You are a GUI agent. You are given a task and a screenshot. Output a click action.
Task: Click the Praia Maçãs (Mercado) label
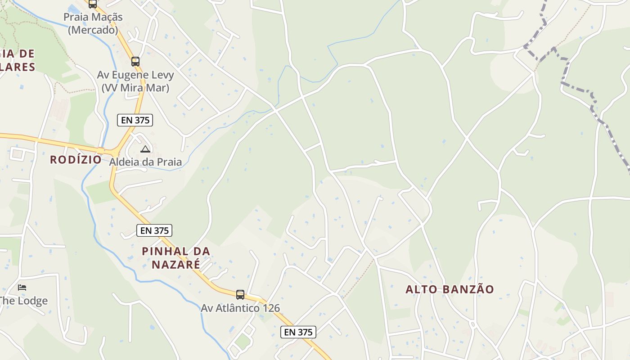[x=93, y=23]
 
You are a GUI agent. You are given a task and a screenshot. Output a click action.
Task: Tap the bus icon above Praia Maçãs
[x=92, y=4]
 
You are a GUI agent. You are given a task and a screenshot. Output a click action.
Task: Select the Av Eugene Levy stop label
[x=135, y=81]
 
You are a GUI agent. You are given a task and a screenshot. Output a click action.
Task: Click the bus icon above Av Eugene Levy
[x=135, y=62]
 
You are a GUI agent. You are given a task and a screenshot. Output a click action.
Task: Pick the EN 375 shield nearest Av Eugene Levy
[x=135, y=120]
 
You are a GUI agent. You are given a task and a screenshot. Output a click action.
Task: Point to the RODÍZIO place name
[x=76, y=159]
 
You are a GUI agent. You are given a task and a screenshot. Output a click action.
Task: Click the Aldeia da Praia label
[x=145, y=162]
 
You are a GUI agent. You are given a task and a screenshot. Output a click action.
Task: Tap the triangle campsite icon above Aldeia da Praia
[x=145, y=149]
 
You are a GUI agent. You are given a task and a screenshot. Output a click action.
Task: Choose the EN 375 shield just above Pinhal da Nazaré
[x=154, y=230]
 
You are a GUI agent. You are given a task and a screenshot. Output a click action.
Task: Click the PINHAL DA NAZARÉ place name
[x=176, y=257]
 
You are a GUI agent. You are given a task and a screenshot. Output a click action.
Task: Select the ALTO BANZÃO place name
[x=450, y=289]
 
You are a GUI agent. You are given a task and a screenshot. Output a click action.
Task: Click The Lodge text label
[x=24, y=301]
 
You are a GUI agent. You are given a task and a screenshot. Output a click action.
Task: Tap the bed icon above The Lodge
[x=22, y=287]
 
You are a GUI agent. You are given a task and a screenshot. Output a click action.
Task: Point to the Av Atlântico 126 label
[x=240, y=308]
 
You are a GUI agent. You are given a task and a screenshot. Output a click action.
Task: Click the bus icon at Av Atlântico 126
[x=240, y=295]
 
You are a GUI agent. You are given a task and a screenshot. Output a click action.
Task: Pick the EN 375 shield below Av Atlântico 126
[x=298, y=332]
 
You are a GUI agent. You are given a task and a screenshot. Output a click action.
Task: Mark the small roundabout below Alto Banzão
[x=472, y=324]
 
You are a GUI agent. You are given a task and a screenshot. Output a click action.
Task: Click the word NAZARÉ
[x=176, y=264]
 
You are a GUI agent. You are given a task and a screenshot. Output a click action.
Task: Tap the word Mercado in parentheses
[x=93, y=30]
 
